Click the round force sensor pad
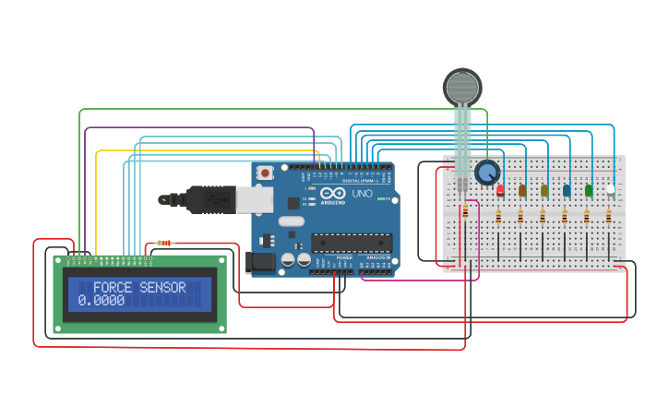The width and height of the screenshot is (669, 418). coord(462,87)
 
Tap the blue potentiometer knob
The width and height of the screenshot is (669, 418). coord(486,172)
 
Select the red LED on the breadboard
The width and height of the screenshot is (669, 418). coord(500,190)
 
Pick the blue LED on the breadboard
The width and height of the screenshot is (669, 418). coord(566,190)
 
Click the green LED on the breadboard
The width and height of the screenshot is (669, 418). coord(588,190)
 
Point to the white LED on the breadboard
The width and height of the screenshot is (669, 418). coord(610,189)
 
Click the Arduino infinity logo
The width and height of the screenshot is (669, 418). coord(332,193)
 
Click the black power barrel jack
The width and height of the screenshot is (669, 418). coord(262,262)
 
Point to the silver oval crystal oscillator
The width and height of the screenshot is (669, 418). coord(290,221)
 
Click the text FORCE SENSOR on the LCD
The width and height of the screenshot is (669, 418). coord(139,288)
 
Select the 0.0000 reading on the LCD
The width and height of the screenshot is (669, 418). coord(102,301)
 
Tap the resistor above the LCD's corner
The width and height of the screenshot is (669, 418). coord(163,243)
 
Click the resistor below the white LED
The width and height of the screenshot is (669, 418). coord(609,217)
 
